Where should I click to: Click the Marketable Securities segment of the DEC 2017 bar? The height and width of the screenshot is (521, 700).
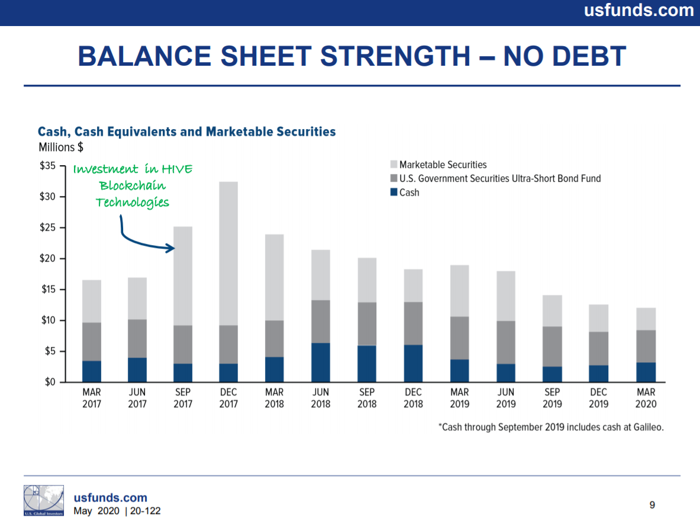tap(228, 253)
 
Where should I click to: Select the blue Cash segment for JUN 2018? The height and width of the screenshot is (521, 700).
tap(321, 362)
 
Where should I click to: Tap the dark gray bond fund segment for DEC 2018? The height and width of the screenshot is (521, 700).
tap(414, 323)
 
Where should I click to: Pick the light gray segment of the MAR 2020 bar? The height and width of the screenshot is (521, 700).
tap(646, 319)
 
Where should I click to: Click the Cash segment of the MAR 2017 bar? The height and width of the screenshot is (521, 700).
tap(92, 371)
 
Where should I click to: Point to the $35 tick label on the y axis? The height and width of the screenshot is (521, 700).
tap(47, 166)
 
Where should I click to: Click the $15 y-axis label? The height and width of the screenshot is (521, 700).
tap(48, 289)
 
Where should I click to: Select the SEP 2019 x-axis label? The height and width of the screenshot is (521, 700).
tap(552, 398)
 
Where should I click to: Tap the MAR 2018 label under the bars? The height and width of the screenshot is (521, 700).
tap(274, 398)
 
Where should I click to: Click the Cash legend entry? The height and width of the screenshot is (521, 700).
tap(405, 192)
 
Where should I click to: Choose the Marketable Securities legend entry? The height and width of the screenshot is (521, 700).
tap(438, 165)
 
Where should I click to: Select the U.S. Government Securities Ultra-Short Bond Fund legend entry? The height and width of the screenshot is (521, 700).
tap(495, 179)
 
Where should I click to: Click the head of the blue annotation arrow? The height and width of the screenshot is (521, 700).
tap(171, 248)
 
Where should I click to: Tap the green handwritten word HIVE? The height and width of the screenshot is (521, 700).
tap(178, 169)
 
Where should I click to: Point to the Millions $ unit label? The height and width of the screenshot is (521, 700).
tap(61, 147)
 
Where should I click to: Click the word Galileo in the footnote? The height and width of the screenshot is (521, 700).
tap(649, 427)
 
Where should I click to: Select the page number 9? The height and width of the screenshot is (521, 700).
tap(652, 505)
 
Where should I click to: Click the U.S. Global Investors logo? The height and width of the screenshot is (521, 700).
tap(44, 500)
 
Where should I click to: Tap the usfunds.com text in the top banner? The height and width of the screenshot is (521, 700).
tap(639, 10)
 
